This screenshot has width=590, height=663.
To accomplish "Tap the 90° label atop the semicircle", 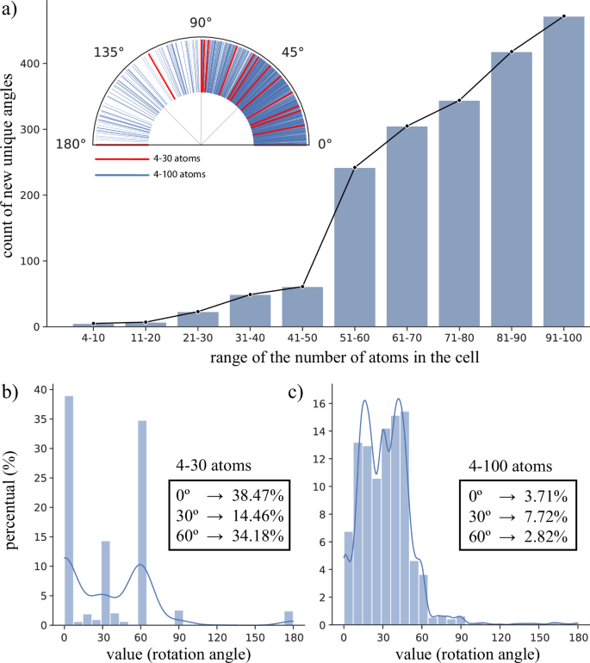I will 200,22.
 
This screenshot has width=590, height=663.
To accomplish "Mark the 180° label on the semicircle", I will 72,143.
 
